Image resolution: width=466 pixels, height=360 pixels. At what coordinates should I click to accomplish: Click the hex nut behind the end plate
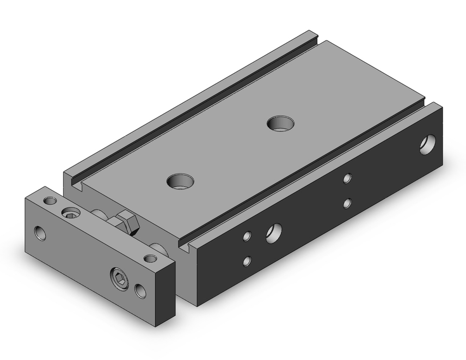[x=129, y=222]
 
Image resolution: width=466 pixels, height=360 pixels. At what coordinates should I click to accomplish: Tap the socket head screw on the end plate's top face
[x=70, y=213]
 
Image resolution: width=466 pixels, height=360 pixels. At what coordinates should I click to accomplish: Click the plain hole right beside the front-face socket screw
[x=139, y=290]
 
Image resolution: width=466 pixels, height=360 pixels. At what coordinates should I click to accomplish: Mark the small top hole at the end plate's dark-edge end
[x=150, y=258]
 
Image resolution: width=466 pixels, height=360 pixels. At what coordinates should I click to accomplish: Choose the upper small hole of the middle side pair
[x=347, y=178]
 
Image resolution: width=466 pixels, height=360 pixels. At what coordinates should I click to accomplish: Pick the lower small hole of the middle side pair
[x=347, y=203]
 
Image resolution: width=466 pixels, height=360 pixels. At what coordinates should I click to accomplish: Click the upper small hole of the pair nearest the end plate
[x=247, y=236]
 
